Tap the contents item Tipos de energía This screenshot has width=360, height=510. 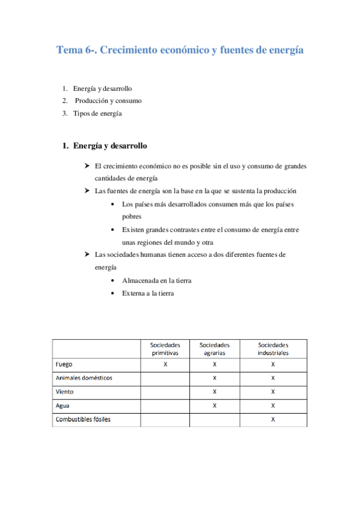[97, 113]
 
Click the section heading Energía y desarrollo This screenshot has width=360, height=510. [109, 146]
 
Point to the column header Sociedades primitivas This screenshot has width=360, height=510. [165, 349]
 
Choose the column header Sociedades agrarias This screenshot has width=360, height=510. [215, 349]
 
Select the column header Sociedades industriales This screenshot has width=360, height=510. [273, 349]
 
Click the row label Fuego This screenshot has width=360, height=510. [64, 364]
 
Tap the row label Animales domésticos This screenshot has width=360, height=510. [84, 378]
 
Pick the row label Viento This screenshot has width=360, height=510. [65, 392]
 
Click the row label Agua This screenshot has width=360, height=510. [63, 406]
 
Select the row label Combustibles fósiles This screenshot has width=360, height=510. [83, 420]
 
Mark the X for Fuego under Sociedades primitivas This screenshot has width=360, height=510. [165, 364]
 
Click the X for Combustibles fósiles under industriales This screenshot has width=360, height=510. [273, 420]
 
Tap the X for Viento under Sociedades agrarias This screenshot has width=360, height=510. [215, 392]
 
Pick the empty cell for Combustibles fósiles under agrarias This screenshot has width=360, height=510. [215, 420]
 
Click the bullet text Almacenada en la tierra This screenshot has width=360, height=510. [157, 281]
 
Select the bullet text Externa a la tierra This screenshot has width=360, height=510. [148, 293]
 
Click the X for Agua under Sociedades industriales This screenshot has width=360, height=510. [273, 406]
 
